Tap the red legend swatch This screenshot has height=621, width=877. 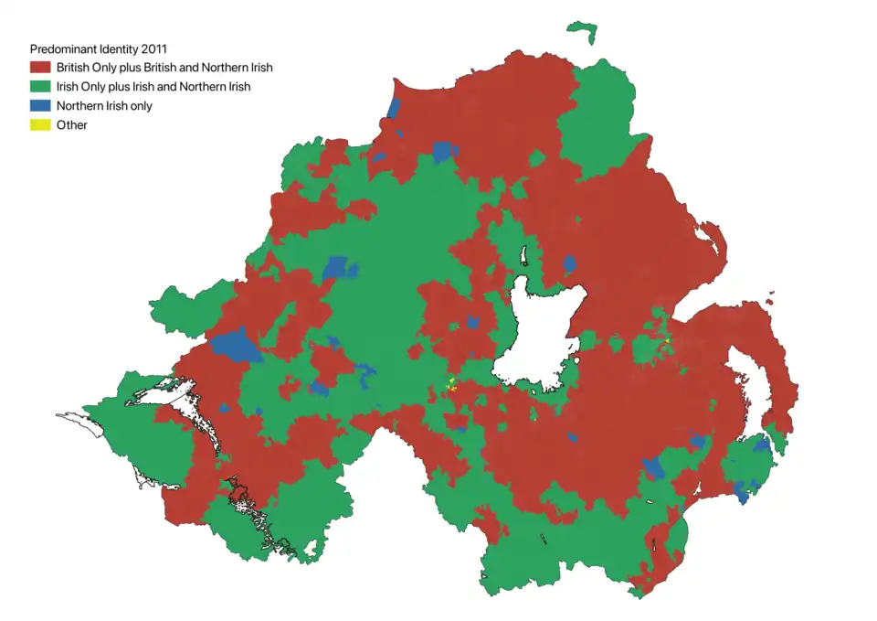point(40,68)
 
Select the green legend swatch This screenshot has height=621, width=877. point(40,87)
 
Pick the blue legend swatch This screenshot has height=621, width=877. point(40,106)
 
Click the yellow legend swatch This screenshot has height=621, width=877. point(40,125)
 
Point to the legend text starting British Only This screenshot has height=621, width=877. point(164,68)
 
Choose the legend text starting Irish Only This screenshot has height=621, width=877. point(153,87)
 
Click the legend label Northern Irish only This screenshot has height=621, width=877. point(104,106)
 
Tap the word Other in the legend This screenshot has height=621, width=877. point(72,125)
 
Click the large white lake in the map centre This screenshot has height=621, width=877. point(539,334)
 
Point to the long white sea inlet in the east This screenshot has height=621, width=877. point(751,375)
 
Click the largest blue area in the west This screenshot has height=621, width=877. point(236,346)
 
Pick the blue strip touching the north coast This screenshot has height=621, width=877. point(394,108)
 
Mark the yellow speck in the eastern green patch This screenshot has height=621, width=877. point(668,340)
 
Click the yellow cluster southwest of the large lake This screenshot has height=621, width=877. point(451,385)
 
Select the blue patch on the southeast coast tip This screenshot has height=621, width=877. point(741,495)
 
